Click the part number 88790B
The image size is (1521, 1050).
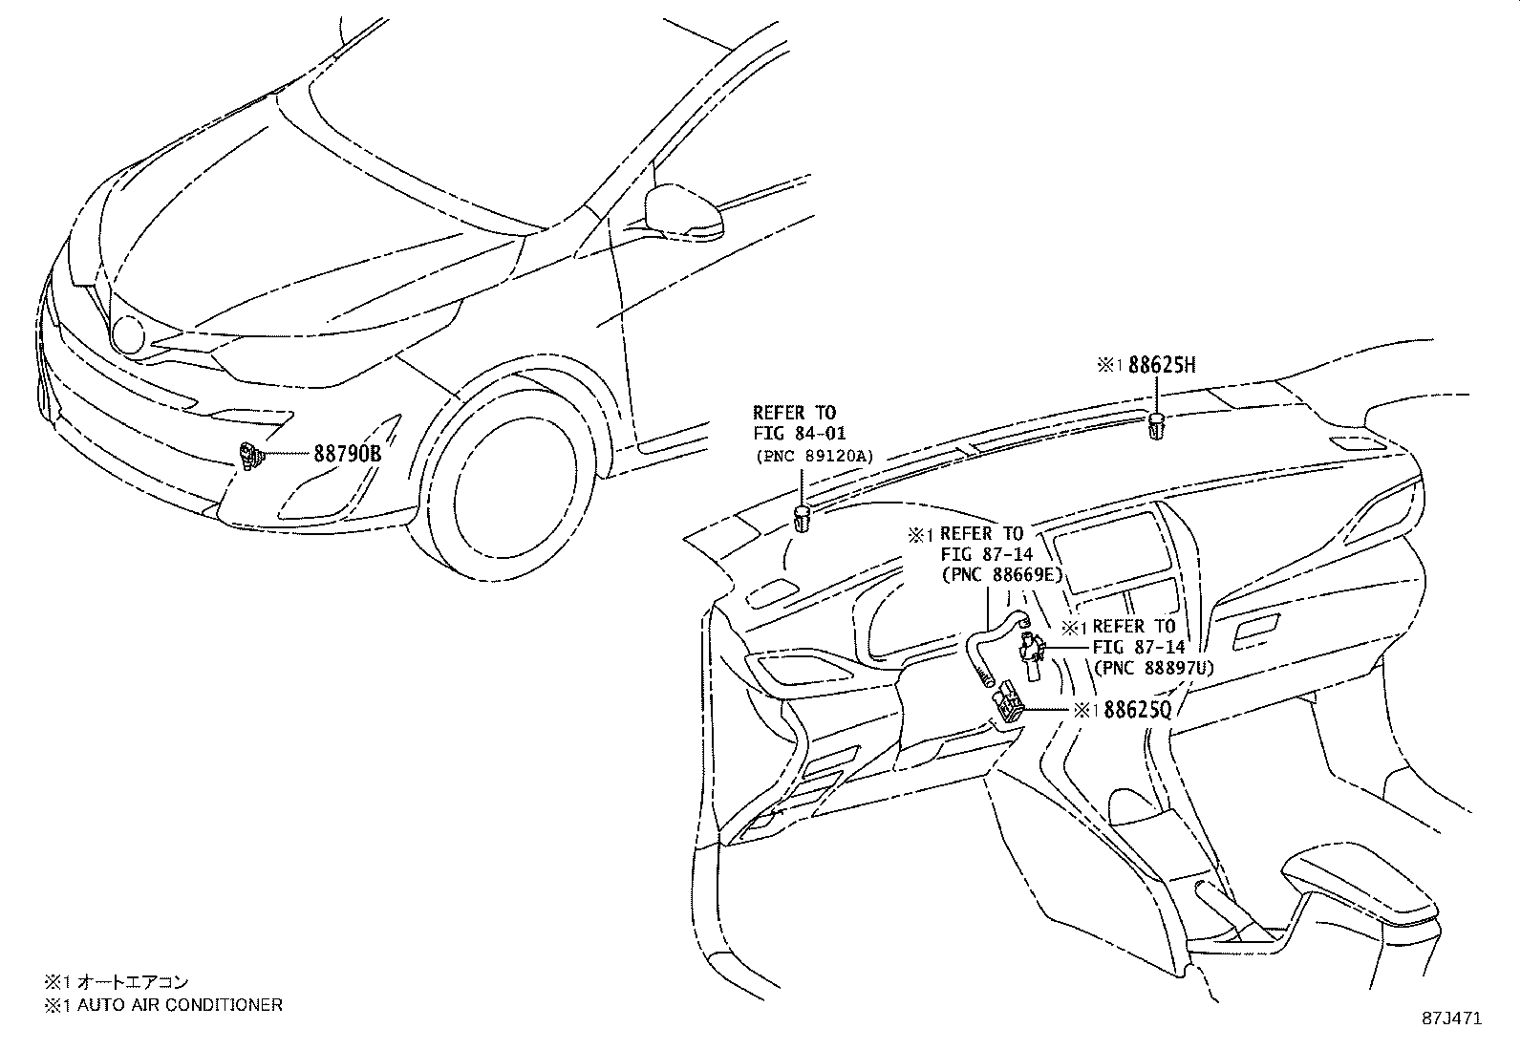(348, 454)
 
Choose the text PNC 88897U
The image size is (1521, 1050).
(1153, 668)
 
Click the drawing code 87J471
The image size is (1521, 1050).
(1449, 1018)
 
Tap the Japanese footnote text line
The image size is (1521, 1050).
(117, 981)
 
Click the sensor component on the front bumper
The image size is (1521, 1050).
(251, 456)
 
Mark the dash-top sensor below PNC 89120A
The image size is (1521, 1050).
(802, 521)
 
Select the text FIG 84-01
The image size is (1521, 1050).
(799, 434)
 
